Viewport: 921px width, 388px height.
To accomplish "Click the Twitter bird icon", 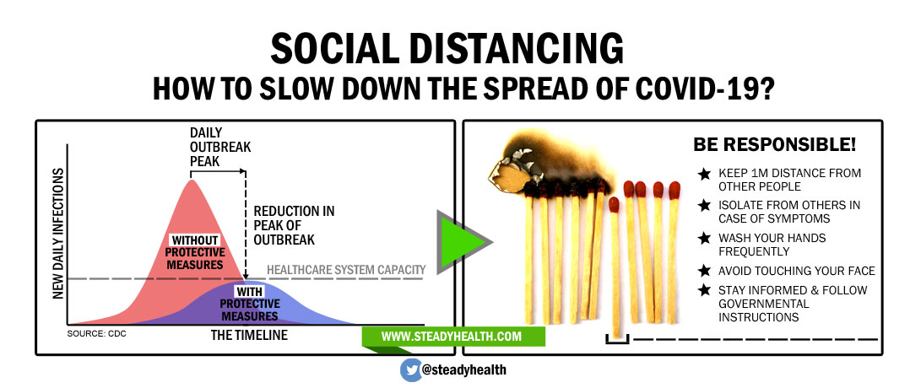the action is [411, 370].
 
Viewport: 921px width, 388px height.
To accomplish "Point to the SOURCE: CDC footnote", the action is [96, 335].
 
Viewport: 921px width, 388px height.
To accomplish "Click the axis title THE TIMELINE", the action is [249, 335].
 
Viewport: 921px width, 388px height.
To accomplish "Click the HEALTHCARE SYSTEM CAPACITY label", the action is [346, 270].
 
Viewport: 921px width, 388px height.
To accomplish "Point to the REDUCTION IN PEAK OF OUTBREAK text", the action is [294, 225].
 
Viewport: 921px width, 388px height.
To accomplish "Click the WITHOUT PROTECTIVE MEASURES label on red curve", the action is [195, 252].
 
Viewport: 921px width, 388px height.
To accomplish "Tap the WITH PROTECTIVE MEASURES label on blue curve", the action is [250, 304].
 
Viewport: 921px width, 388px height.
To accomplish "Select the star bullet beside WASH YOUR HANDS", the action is [704, 239].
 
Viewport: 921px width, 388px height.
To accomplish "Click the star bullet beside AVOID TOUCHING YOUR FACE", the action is [704, 271].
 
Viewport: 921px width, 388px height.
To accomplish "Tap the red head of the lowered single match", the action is [614, 204].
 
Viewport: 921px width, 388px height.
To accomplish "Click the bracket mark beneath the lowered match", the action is [617, 339].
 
